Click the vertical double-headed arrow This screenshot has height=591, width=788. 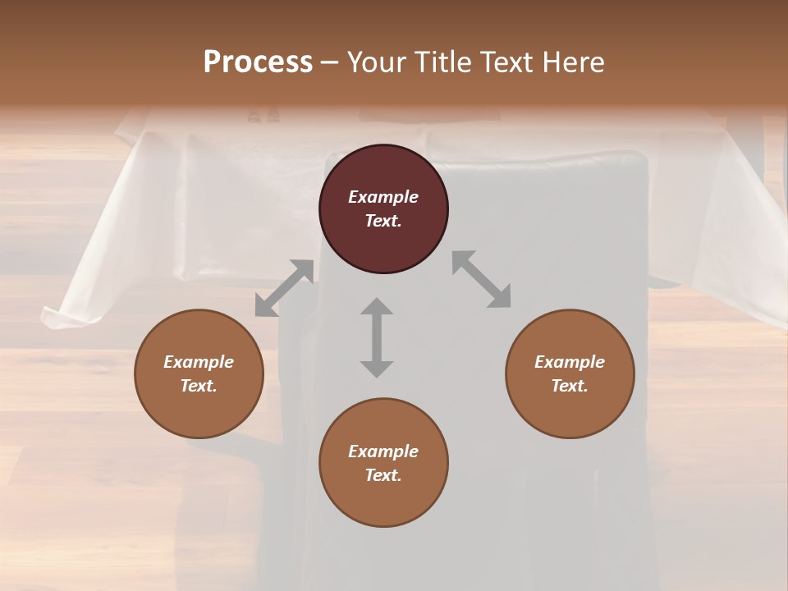[377, 337]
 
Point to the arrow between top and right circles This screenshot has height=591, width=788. [481, 279]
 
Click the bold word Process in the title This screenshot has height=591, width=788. [258, 62]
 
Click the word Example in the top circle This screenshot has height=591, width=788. [383, 197]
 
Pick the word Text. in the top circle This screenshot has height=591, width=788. [383, 221]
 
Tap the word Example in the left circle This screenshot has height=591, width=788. [199, 362]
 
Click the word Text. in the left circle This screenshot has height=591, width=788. [199, 386]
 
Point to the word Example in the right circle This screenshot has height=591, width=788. [570, 362]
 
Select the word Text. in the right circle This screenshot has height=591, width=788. [570, 386]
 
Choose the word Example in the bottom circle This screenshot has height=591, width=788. [383, 451]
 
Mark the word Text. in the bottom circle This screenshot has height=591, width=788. [383, 475]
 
